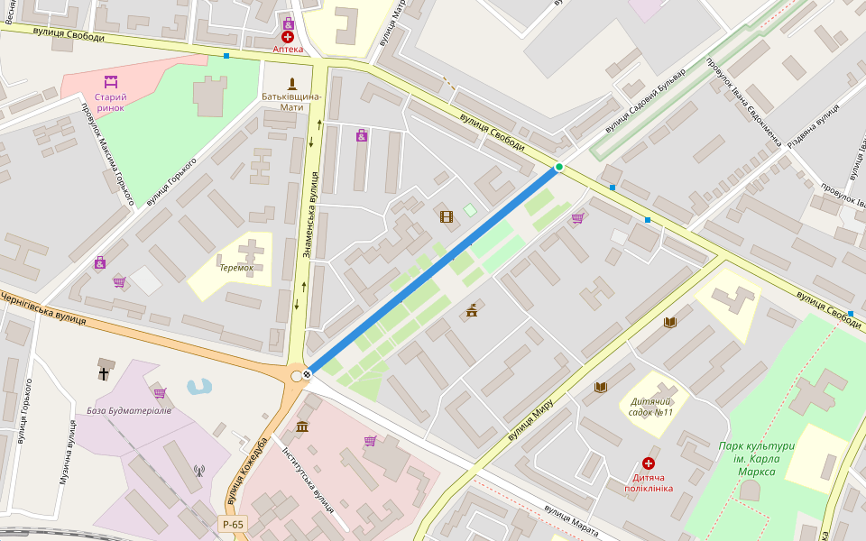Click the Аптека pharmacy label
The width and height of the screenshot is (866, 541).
point(288,50)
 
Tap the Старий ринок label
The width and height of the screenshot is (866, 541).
point(110,102)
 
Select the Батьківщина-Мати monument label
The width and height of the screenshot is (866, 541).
point(291,101)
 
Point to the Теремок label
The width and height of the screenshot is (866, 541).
point(235,268)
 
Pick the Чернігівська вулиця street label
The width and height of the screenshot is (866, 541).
point(43,307)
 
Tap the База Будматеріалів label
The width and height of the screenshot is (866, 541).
point(129,410)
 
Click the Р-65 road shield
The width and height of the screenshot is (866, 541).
point(232,524)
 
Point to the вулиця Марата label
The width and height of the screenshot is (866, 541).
point(572,520)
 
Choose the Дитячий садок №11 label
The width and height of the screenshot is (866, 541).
point(651,407)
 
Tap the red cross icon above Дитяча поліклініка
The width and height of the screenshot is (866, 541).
point(648,463)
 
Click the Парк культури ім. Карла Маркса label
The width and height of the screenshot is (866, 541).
point(756,459)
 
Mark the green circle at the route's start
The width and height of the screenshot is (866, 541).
point(559,167)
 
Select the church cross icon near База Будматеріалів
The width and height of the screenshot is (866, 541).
point(104,371)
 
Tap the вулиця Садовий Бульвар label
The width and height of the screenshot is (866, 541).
point(645,101)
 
